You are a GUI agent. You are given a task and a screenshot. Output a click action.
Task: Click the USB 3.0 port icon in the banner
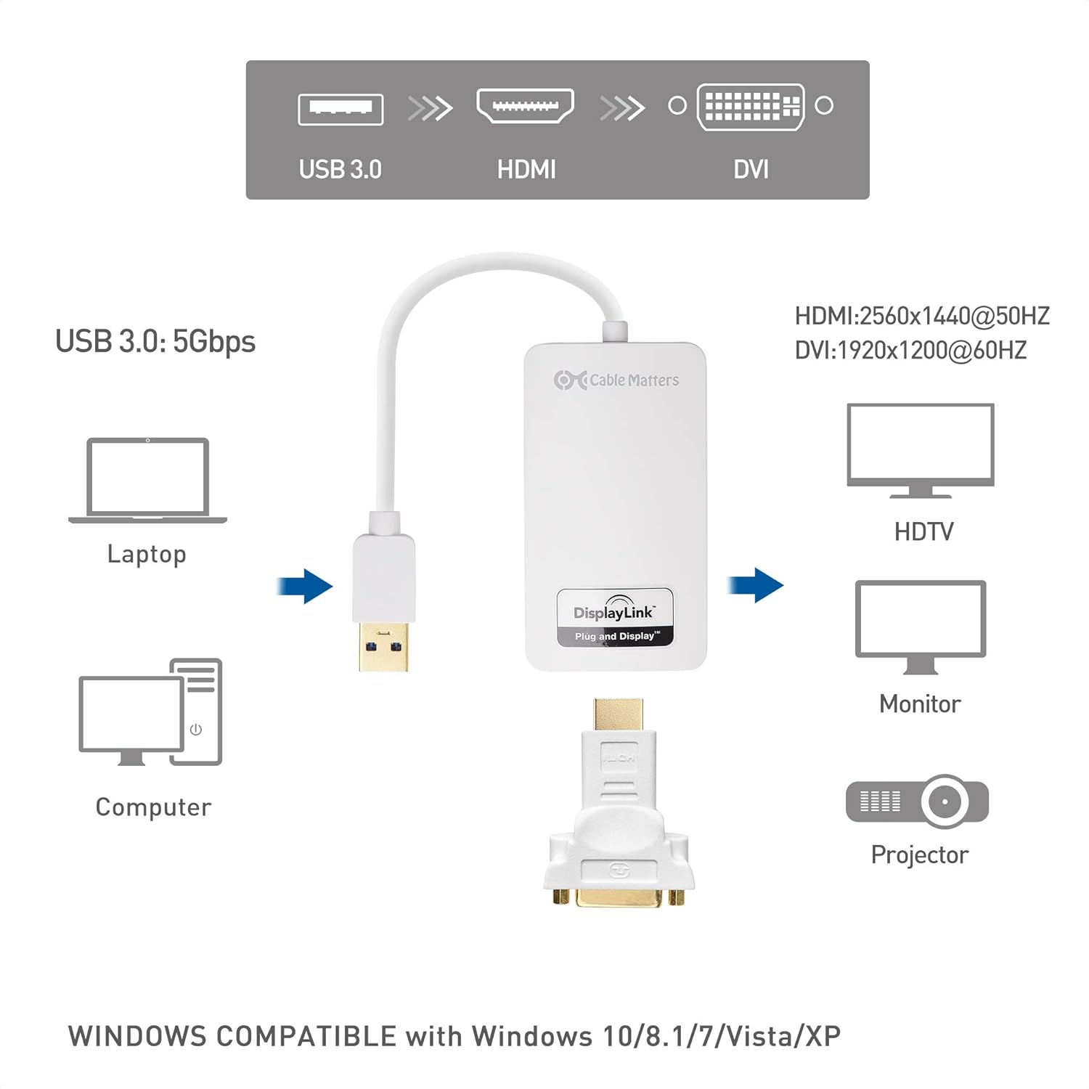(340, 110)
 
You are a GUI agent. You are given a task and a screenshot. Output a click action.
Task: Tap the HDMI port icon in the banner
(525, 106)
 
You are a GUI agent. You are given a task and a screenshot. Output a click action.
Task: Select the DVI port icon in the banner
(751, 107)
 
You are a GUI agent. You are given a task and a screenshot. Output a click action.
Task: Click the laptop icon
(147, 480)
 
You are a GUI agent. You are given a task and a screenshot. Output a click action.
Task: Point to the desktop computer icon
(151, 712)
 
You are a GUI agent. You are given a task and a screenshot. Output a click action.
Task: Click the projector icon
(918, 802)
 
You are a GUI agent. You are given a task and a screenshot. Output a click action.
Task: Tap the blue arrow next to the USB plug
(306, 585)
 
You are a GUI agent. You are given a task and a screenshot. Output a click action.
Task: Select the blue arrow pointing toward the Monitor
(756, 584)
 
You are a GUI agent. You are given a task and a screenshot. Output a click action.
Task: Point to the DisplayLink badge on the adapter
(615, 618)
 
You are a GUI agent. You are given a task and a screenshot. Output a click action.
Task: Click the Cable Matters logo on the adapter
(616, 380)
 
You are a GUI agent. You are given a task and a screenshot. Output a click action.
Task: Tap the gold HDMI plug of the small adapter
(618, 715)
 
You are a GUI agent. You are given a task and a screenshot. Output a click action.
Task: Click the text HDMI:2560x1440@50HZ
(922, 316)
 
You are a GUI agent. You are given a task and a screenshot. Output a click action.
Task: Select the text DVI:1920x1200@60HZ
(910, 351)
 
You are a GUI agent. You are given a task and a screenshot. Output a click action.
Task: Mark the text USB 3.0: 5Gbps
(155, 341)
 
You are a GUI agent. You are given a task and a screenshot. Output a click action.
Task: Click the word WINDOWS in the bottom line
(137, 1036)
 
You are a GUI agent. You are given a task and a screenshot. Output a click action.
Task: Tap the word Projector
(919, 855)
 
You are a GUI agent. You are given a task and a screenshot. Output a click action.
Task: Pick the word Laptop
(147, 554)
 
